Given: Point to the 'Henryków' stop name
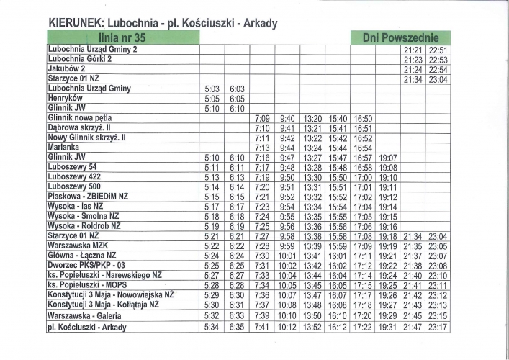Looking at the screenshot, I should (65, 98).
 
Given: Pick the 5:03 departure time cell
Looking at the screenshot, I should (212, 89).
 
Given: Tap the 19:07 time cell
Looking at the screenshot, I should (388, 157).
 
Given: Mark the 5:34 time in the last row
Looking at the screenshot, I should (212, 327).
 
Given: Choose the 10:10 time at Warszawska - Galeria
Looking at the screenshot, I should (287, 315).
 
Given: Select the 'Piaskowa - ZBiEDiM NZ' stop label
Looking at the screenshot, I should (88, 196).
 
